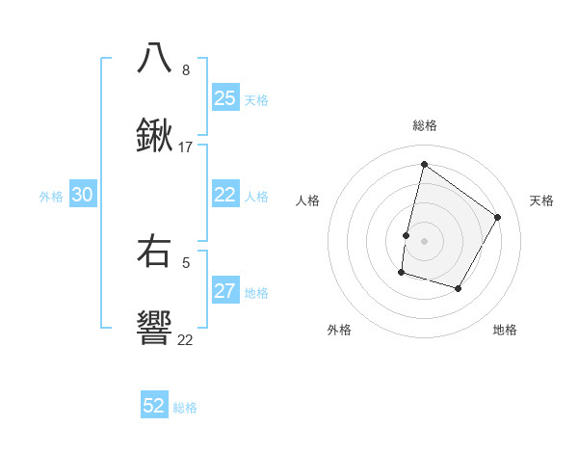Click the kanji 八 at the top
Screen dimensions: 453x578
[x=154, y=58]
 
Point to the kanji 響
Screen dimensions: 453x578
[x=154, y=328]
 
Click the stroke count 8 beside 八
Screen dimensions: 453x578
[x=186, y=70]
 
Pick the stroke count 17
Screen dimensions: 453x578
[x=186, y=147]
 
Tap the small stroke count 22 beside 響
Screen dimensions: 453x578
[x=185, y=339]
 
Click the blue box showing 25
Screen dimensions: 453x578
[x=224, y=97]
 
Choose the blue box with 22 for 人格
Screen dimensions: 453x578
[x=224, y=195]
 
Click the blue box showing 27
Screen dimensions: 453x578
[x=224, y=291]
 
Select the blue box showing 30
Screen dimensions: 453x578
[x=83, y=195]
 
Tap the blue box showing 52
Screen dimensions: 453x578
[x=154, y=406]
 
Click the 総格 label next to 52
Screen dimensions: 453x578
[x=186, y=408]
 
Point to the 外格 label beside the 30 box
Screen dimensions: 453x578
[x=51, y=197]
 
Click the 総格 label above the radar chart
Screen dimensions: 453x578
[x=424, y=125]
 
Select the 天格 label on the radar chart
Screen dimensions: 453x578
[x=541, y=200]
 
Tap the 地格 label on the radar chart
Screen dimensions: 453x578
[x=505, y=330]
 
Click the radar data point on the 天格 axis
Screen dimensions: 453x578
[x=498, y=217]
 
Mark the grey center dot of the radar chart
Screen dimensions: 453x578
[x=424, y=240]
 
